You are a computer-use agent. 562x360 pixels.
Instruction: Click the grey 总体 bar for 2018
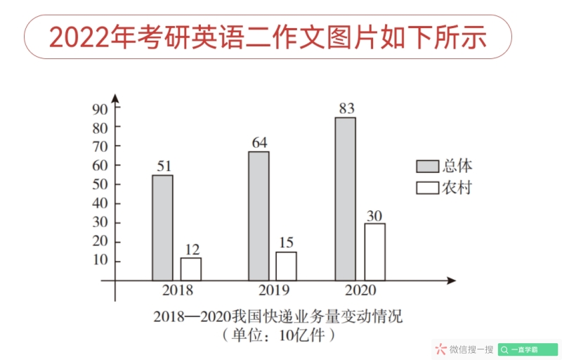coord(162,228)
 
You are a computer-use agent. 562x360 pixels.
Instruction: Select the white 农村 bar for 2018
coord(190,269)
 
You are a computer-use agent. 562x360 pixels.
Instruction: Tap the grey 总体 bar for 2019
coord(259,216)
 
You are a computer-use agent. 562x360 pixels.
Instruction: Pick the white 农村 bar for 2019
coord(286,266)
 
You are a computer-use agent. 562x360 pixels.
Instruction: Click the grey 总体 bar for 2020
coord(345,199)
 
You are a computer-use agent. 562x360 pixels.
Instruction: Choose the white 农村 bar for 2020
coord(374,252)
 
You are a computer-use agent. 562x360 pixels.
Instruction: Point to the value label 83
coord(346,108)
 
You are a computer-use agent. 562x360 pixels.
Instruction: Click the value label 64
coord(259,143)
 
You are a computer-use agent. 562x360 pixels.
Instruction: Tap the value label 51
coord(164,166)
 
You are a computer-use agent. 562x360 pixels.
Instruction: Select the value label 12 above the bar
coord(192,249)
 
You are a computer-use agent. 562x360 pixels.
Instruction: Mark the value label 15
coord(286,243)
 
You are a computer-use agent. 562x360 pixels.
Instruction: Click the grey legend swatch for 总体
coord(427,167)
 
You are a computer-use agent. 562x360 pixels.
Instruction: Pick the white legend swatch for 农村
coord(427,188)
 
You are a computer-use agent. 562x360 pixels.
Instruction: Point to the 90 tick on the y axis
coord(100,108)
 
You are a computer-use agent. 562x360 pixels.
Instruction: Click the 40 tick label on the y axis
coord(100,204)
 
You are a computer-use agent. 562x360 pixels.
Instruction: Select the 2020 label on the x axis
coord(361,290)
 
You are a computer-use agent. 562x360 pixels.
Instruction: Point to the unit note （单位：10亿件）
coord(279,335)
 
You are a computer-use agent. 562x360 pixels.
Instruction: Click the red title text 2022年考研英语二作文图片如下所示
coord(268,37)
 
